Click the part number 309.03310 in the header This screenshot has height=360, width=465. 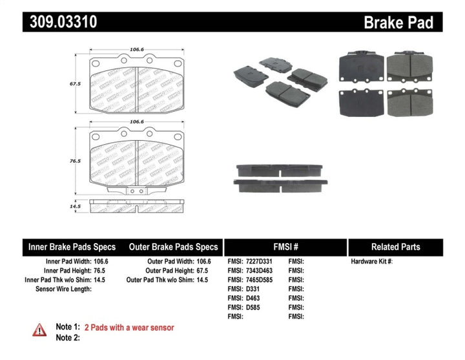coord(61,23)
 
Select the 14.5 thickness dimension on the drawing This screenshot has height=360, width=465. coord(75,207)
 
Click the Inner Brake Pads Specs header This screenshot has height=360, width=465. coord(72,247)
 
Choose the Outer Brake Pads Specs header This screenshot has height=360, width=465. coord(173,247)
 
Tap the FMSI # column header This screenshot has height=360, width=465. coord(285,247)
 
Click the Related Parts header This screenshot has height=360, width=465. coord(395,247)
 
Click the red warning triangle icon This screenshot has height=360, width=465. coord(39,330)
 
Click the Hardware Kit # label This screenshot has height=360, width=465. coord(371,262)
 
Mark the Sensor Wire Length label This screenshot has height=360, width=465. coord(63,289)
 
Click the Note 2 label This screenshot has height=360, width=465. coord(68,337)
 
